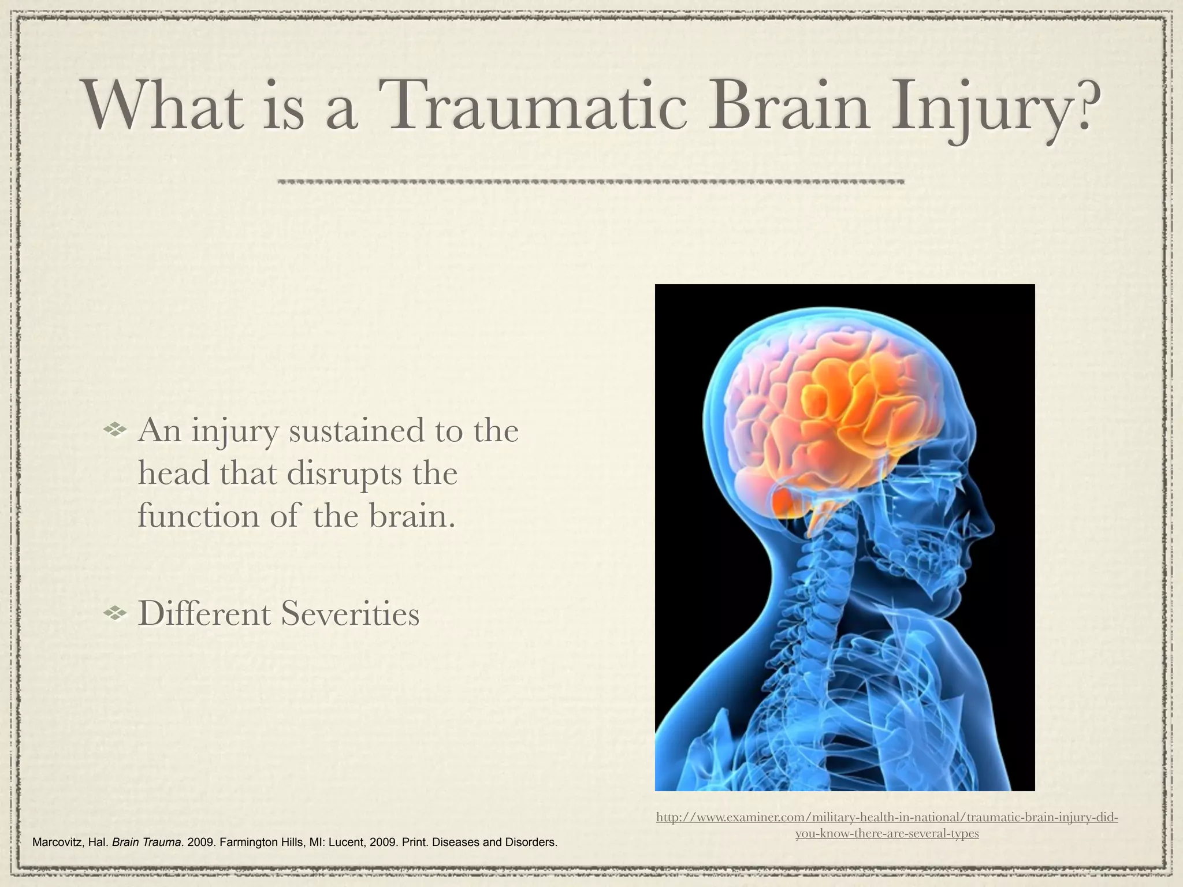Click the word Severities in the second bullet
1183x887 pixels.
pos(350,613)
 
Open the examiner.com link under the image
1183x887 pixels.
pos(887,825)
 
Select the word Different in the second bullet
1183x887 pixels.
pos(205,613)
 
